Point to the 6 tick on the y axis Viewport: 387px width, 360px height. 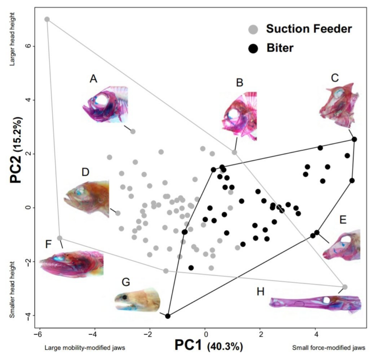[28, 46]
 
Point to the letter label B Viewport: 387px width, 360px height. [239, 82]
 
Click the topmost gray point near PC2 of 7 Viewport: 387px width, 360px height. [47, 20]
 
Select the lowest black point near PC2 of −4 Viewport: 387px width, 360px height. [168, 316]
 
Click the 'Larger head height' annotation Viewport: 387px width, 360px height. [13, 46]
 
